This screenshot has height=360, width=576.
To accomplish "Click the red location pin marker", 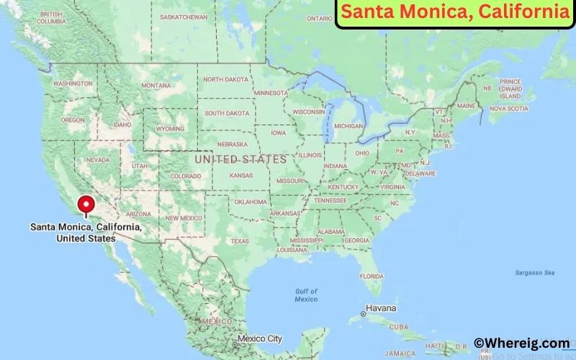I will tap(87, 204).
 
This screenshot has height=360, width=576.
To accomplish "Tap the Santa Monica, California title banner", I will tap(455, 12).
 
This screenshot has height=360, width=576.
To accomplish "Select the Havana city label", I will tap(380, 308).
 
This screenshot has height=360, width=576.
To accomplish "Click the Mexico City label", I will tap(259, 338).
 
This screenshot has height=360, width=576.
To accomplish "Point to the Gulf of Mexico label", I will tap(306, 294).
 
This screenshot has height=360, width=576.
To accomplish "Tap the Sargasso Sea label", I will tap(535, 273).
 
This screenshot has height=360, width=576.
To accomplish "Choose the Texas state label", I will tap(240, 241).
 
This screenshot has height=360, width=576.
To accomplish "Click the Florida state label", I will tap(372, 276).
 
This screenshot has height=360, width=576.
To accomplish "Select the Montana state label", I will tap(156, 85).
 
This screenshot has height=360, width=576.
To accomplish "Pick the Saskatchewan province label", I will tap(184, 17).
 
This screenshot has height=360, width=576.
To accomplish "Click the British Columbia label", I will tap(51, 18).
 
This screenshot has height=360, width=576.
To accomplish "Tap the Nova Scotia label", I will tap(509, 109).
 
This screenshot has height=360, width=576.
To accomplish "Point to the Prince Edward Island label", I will tap(510, 89).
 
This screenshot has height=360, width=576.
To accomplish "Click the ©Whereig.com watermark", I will tap(521, 343).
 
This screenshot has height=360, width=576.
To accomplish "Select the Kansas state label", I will tap(241, 175).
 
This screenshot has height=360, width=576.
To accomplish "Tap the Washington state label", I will tap(73, 84).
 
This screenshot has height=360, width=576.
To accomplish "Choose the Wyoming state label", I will tap(170, 129).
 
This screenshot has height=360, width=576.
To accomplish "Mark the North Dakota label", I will tap(226, 80).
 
